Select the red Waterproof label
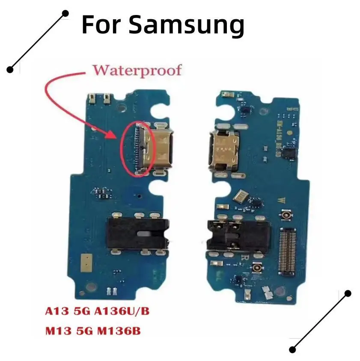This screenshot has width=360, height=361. click(137, 70)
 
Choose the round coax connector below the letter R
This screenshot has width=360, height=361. click(258, 268)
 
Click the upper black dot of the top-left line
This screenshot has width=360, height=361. click(65, 14)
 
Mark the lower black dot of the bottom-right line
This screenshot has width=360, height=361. click(293, 349)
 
